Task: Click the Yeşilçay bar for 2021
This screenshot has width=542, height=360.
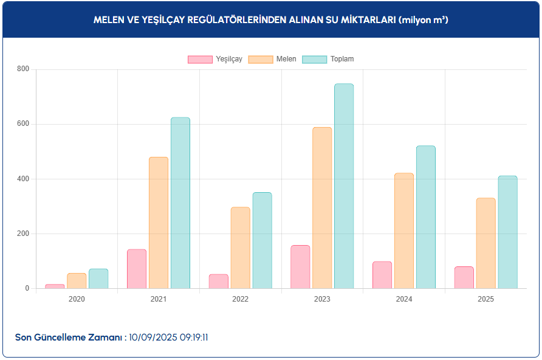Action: point(137,269)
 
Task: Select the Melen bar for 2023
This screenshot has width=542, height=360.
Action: point(322,208)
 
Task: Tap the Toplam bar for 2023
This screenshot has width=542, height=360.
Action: point(344,186)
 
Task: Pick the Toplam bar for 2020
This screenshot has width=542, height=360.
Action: point(98,279)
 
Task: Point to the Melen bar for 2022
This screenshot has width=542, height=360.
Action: point(240,247)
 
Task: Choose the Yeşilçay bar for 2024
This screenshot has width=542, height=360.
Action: point(382,275)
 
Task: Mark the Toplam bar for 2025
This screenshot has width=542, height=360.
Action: point(507,232)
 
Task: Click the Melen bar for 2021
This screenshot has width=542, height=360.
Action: point(159,223)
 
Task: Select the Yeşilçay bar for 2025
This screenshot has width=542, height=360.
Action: point(464,277)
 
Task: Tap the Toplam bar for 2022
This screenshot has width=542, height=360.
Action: point(262,240)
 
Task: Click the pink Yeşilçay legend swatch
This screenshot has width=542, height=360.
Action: point(200,59)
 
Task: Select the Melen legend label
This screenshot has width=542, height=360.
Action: point(286,59)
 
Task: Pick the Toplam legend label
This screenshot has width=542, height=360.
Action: point(342,59)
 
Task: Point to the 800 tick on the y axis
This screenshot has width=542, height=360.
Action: point(22,69)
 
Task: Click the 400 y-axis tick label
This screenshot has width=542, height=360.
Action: point(22,179)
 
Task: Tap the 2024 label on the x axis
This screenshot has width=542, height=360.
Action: point(404,299)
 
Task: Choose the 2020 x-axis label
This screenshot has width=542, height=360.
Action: point(77,299)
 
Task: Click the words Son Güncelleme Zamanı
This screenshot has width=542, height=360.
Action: point(69,337)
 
